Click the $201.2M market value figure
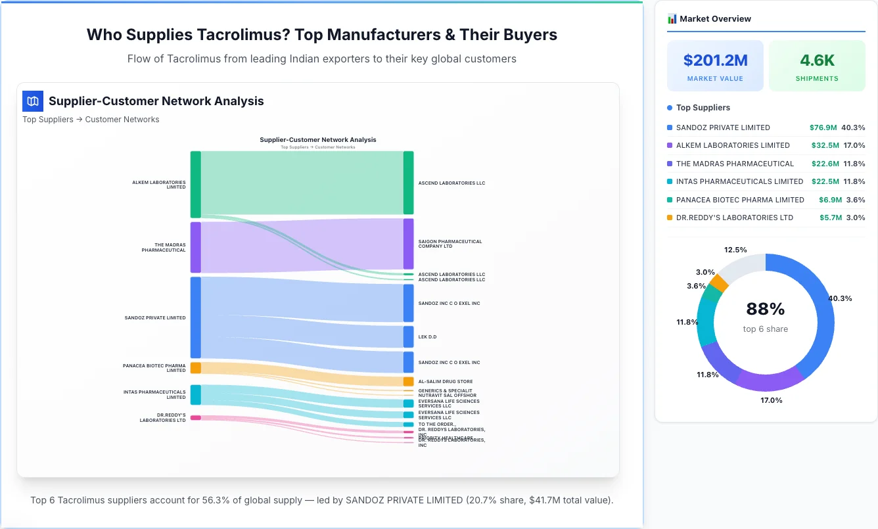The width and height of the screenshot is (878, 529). (x=715, y=60)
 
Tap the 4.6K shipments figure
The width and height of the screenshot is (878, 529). (x=817, y=60)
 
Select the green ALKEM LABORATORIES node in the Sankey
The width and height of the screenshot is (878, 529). (x=196, y=184)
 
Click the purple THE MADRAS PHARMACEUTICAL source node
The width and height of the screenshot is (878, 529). (x=196, y=247)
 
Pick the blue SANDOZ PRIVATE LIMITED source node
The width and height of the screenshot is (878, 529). (x=196, y=317)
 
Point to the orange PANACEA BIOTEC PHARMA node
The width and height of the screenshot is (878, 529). (x=196, y=368)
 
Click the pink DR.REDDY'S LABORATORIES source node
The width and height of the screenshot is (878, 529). (x=196, y=417)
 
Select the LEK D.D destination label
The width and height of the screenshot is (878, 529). (x=427, y=337)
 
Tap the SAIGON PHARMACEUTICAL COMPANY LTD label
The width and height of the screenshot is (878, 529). (x=450, y=244)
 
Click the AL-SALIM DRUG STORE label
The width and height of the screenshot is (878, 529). (x=445, y=381)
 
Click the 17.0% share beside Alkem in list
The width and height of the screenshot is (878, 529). (x=854, y=145)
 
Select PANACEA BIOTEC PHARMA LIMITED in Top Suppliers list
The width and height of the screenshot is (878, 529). (x=740, y=200)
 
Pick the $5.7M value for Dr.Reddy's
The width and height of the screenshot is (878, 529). (x=831, y=218)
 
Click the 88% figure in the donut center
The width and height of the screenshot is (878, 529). (x=766, y=309)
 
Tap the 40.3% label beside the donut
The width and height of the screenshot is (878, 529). (x=840, y=298)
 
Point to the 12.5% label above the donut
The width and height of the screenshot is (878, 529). (x=735, y=250)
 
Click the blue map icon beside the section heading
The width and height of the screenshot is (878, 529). (x=33, y=101)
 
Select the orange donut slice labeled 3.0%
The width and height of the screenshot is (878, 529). (x=719, y=283)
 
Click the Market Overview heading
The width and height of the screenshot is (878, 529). (x=715, y=19)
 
